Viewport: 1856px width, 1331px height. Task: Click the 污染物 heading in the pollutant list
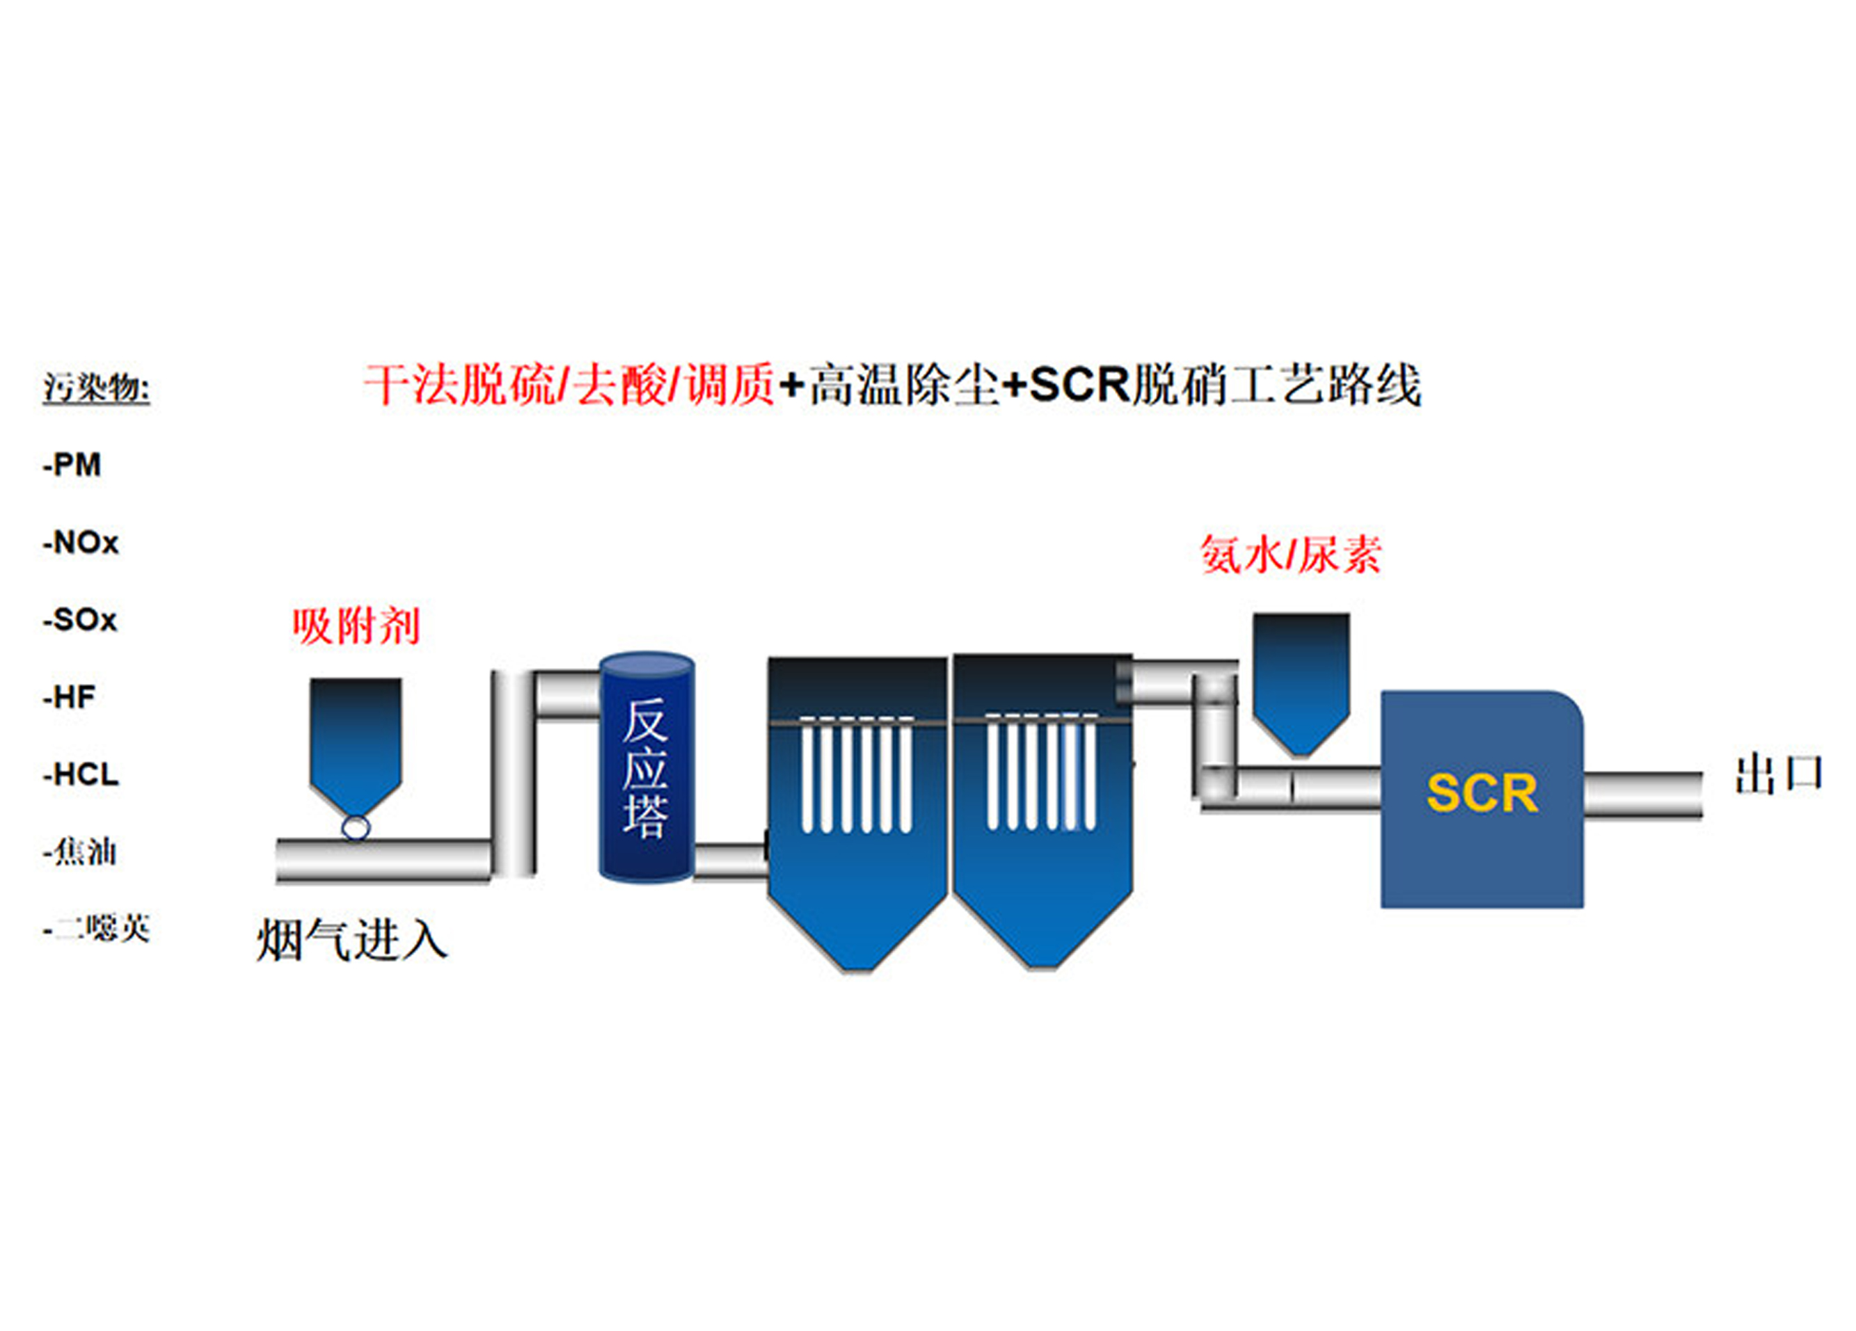click(96, 387)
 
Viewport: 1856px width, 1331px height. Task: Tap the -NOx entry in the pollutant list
click(81, 543)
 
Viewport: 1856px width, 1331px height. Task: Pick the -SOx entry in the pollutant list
click(80, 620)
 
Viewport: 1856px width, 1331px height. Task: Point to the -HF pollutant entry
click(70, 697)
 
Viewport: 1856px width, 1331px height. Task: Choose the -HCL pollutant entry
click(81, 774)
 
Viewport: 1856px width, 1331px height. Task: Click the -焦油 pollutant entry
click(80, 852)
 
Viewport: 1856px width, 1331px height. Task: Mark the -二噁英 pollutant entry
click(97, 929)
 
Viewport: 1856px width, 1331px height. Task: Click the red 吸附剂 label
click(356, 627)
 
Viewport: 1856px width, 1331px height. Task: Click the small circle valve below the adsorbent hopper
click(355, 827)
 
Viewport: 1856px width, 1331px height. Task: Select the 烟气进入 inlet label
click(352, 940)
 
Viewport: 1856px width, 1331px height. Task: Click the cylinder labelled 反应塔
click(647, 767)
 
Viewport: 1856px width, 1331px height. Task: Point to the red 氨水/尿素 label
click(1290, 555)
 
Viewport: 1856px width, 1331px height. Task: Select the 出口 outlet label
click(1779, 774)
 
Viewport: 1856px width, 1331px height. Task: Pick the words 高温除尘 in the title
click(903, 385)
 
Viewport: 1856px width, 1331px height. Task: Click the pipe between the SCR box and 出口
click(1643, 795)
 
